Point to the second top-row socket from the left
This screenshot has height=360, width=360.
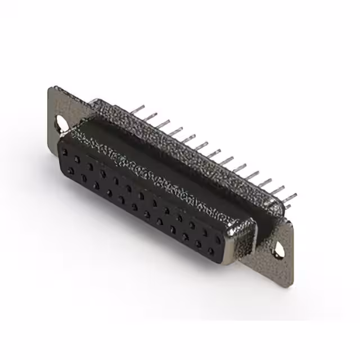pos(78,159)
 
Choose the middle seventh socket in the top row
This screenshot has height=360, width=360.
pos(141,195)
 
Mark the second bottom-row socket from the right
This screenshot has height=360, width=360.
pos(198,244)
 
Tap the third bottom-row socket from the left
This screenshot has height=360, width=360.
pos(96,186)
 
